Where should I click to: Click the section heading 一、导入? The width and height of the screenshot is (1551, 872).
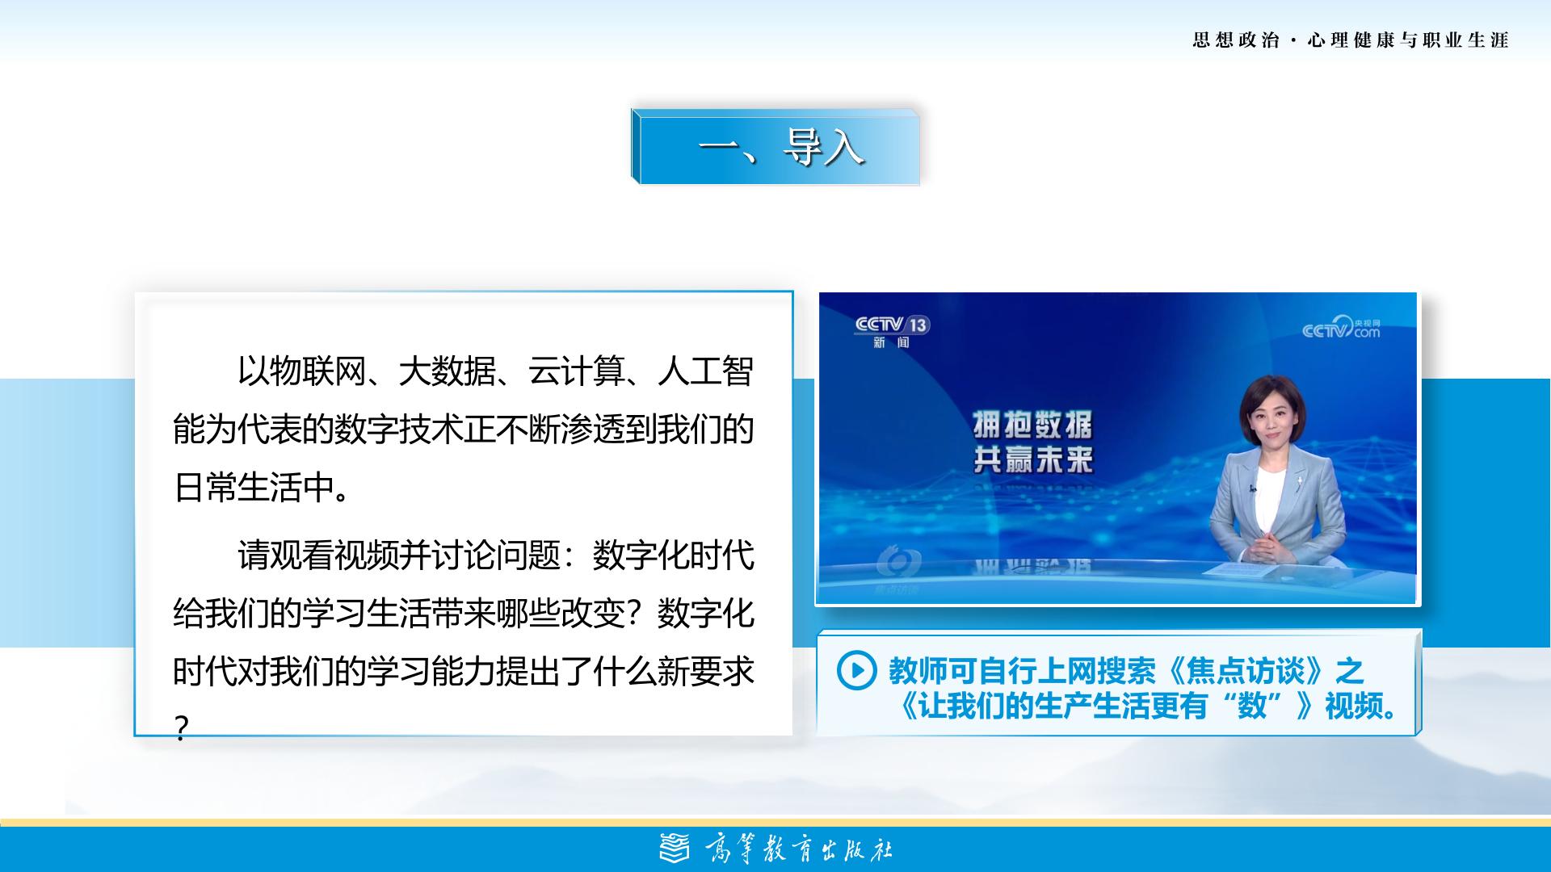click(781, 148)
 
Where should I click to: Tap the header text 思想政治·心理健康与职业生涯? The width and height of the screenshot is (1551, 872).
click(1351, 40)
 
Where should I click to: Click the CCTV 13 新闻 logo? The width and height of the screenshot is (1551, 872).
click(893, 331)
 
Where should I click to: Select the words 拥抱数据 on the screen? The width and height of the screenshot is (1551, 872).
click(1032, 424)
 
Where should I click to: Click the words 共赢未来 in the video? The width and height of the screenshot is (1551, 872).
click(1032, 460)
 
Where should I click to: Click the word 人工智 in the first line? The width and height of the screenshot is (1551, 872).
click(706, 371)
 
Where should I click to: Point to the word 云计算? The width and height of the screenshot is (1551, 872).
click(577, 371)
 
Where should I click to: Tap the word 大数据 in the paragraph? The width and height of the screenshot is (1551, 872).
click(447, 371)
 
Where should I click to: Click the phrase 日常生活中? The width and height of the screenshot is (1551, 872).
click(254, 488)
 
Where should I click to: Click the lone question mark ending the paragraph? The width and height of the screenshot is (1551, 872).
click(181, 729)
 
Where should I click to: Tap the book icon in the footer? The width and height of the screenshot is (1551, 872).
click(675, 849)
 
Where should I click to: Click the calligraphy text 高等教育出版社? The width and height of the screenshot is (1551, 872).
click(798, 849)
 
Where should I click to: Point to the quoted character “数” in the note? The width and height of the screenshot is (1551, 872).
click(1251, 706)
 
